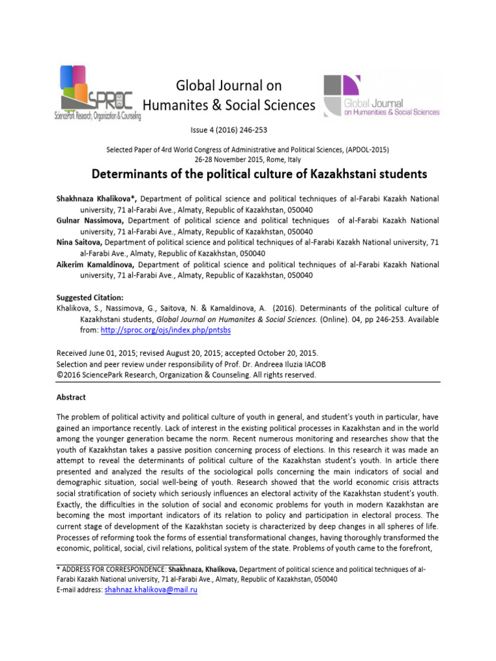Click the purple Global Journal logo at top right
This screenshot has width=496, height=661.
[381, 95]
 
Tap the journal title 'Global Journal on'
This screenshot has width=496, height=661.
[229, 85]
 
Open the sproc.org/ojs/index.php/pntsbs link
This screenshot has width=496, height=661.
[167, 330]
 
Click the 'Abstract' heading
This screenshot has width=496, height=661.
[71, 397]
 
